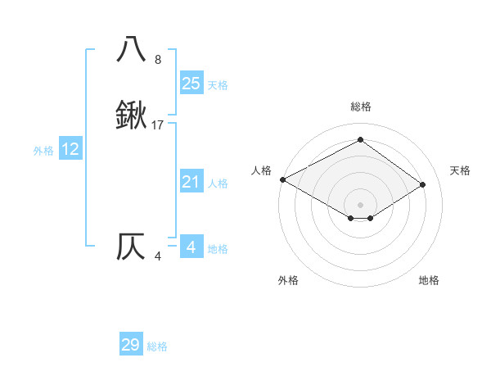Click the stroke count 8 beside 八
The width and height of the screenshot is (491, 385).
[158, 60]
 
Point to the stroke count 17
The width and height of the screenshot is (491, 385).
[159, 125]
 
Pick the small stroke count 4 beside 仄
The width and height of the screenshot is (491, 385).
[158, 256]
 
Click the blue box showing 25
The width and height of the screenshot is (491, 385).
[191, 84]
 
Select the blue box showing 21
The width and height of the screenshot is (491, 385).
[191, 182]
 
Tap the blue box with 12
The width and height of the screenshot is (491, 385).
[70, 149]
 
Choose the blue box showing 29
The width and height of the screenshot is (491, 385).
[131, 345]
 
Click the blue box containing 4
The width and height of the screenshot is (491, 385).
[191, 247]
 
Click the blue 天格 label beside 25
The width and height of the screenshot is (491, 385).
[218, 85]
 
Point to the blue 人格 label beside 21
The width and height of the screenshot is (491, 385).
[218, 183]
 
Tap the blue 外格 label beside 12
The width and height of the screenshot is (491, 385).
[43, 151]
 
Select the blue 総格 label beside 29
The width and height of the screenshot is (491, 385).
[157, 346]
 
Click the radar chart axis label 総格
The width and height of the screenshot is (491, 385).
[360, 106]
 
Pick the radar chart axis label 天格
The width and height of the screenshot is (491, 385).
[460, 170]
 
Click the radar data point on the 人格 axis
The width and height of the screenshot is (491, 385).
[282, 179]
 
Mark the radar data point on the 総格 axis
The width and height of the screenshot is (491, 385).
[360, 140]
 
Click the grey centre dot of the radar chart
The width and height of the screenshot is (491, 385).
[360, 204]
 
